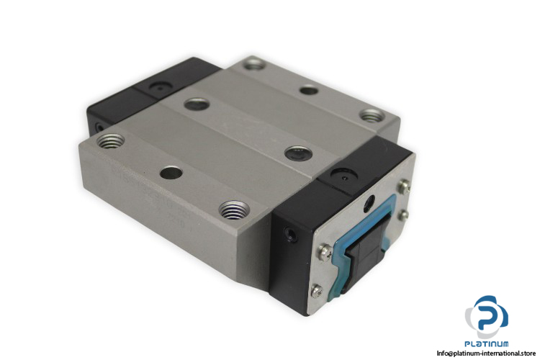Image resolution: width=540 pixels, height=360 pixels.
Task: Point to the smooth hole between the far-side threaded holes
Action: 308,90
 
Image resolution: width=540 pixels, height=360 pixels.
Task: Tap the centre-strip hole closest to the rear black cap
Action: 197,104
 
